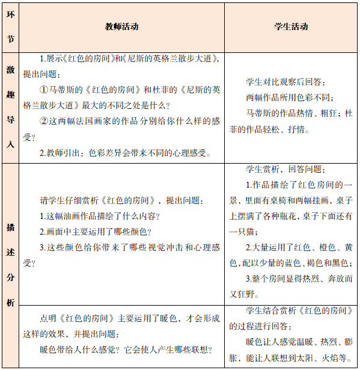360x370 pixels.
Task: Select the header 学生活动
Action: point(291,27)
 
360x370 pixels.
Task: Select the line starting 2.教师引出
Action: point(125,153)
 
